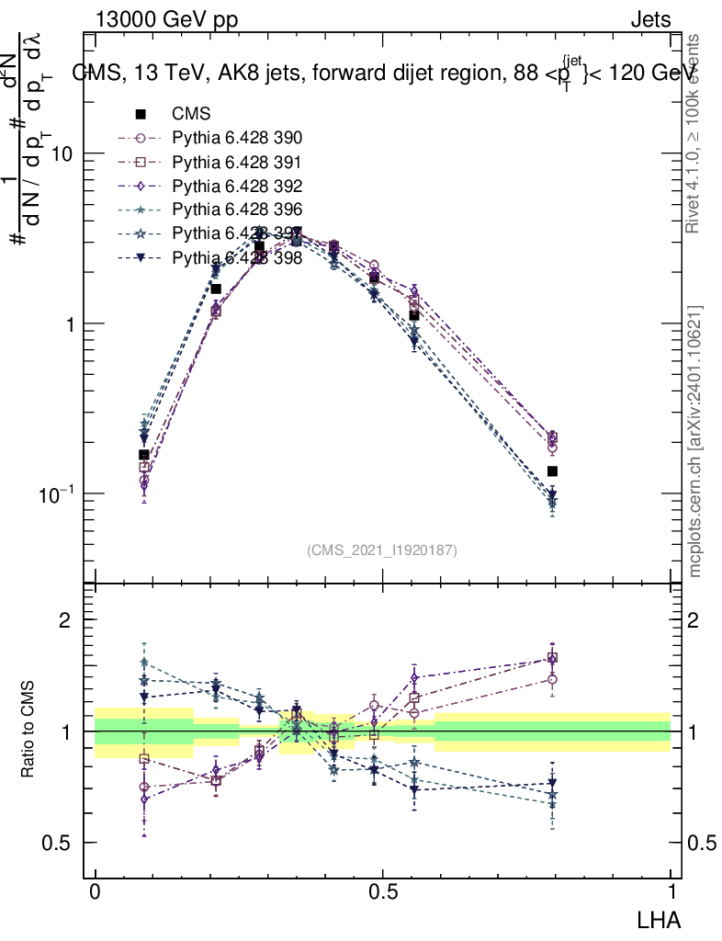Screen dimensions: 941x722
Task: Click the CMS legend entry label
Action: click(x=192, y=114)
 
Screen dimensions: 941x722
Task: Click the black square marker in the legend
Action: click(x=141, y=114)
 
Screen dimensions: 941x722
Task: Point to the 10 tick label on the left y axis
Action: click(x=61, y=153)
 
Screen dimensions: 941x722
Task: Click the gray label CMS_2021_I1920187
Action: click(x=382, y=550)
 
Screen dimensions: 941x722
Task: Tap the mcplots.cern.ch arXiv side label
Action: click(x=696, y=441)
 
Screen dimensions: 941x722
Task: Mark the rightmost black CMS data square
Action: click(x=552, y=471)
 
